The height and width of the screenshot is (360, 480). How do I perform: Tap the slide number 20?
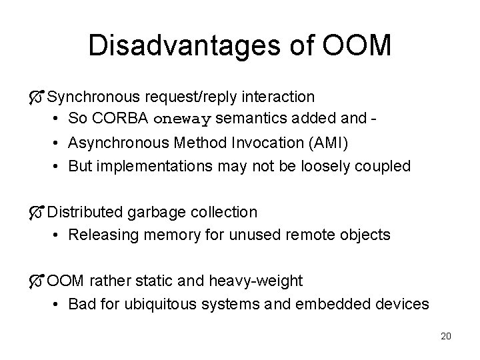(446, 336)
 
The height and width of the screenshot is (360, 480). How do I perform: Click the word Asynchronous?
(119, 143)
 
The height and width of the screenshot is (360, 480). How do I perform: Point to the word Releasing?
(101, 235)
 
